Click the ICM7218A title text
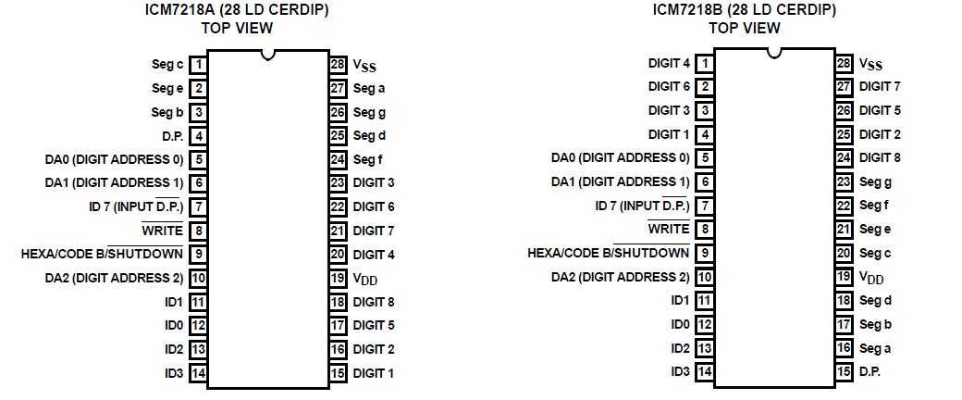click(237, 10)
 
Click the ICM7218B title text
click(744, 10)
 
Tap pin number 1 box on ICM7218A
click(198, 65)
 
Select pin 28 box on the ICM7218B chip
click(844, 64)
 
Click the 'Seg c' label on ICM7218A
click(167, 65)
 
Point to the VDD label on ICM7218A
click(365, 278)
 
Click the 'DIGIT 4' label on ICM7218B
click(669, 64)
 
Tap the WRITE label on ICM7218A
click(162, 230)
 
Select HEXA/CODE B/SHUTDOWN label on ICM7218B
click(608, 253)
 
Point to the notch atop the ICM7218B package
click(774, 54)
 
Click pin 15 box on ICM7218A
click(338, 373)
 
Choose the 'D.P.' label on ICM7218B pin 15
click(869, 371)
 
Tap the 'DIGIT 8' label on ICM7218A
click(374, 302)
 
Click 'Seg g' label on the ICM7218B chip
click(875, 182)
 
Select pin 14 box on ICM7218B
click(705, 371)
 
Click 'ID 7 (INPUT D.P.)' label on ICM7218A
click(136, 206)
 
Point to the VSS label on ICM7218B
click(870, 65)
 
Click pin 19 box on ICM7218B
click(844, 277)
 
